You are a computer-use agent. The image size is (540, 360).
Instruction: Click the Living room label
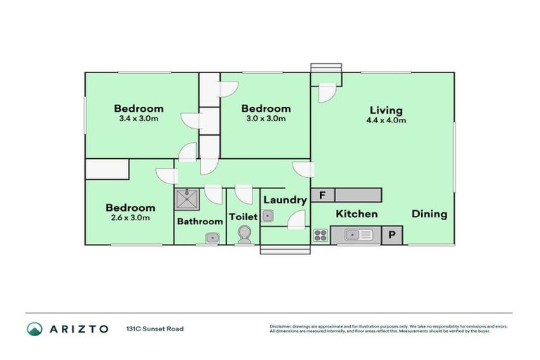coord(386,110)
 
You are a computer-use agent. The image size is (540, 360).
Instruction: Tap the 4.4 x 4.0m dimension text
coord(386,120)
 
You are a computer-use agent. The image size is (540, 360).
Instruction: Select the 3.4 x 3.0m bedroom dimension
coord(139,119)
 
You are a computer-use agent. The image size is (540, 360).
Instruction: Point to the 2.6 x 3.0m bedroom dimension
coord(130,218)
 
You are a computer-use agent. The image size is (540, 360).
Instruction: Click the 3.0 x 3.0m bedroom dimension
coord(265,119)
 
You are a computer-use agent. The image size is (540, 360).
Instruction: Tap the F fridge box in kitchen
coord(322,195)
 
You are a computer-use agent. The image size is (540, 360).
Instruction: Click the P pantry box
coord(392,236)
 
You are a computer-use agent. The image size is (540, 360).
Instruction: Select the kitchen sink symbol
coord(357,236)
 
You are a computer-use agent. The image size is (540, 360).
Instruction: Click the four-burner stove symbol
coord(321,236)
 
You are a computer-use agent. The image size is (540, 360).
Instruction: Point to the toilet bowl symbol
coord(245,235)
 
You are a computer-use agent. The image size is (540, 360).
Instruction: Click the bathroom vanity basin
coord(211,239)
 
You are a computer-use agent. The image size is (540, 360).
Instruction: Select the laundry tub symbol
coord(267,217)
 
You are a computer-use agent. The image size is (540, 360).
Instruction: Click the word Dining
coord(429,214)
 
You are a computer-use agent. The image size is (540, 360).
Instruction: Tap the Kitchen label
coord(356,214)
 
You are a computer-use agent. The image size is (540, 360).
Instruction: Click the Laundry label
coord(285,200)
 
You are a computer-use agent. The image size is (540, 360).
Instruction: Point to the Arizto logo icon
coord(34,328)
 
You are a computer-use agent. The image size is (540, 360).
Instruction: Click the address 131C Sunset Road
coord(155,328)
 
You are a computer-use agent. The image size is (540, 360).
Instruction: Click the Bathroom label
coord(200,221)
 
